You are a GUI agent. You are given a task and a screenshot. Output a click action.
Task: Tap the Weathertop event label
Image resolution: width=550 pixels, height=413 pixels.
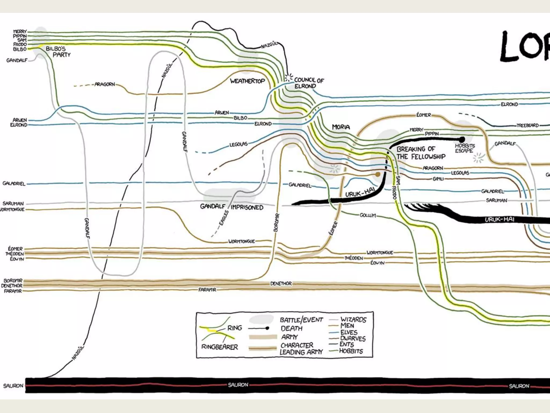pos(247,81)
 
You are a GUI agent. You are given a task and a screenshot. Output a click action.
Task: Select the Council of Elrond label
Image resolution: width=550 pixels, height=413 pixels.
pos(309,83)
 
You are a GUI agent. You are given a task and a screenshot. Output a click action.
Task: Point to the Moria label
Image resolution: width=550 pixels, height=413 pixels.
pos(341,127)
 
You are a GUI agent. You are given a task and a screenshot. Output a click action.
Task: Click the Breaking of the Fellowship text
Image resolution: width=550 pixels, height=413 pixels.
pos(421,153)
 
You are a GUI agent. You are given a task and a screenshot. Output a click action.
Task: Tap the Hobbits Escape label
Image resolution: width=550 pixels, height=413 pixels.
pos(465,148)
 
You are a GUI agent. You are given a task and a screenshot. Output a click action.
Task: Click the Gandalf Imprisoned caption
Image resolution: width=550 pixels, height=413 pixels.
pos(231,207)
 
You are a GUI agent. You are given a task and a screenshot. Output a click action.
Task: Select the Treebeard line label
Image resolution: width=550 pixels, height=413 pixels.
pos(527,125)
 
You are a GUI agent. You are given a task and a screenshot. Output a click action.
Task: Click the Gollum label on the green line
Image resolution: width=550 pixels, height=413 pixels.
pos(368,215)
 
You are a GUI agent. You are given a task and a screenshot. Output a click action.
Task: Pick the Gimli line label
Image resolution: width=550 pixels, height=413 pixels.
pos(438,179)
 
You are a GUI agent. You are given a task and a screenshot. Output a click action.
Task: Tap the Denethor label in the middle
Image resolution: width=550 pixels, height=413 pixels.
pos(281,283)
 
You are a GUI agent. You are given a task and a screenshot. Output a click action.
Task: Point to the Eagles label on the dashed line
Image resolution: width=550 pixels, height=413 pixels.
pos(224,218)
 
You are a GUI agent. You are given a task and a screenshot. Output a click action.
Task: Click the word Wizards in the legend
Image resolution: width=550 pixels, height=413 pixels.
pos(353,319)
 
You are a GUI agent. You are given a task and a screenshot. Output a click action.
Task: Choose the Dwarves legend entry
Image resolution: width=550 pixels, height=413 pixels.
pos(353,339)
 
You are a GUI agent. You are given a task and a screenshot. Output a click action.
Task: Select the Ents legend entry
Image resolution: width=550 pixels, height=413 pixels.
pos(347,344)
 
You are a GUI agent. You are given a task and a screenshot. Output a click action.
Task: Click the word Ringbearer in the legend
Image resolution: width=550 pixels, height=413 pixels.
pos(220,347)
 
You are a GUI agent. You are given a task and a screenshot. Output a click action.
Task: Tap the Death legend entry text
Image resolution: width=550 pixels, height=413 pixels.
pos(292,328)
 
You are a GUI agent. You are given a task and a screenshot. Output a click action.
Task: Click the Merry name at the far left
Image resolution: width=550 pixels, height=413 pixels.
pos(20,32)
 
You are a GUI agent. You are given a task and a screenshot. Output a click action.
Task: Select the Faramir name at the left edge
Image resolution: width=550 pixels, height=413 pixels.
pos(13,291)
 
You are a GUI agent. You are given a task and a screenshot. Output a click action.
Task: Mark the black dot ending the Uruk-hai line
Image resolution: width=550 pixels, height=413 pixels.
pos(462,140)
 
